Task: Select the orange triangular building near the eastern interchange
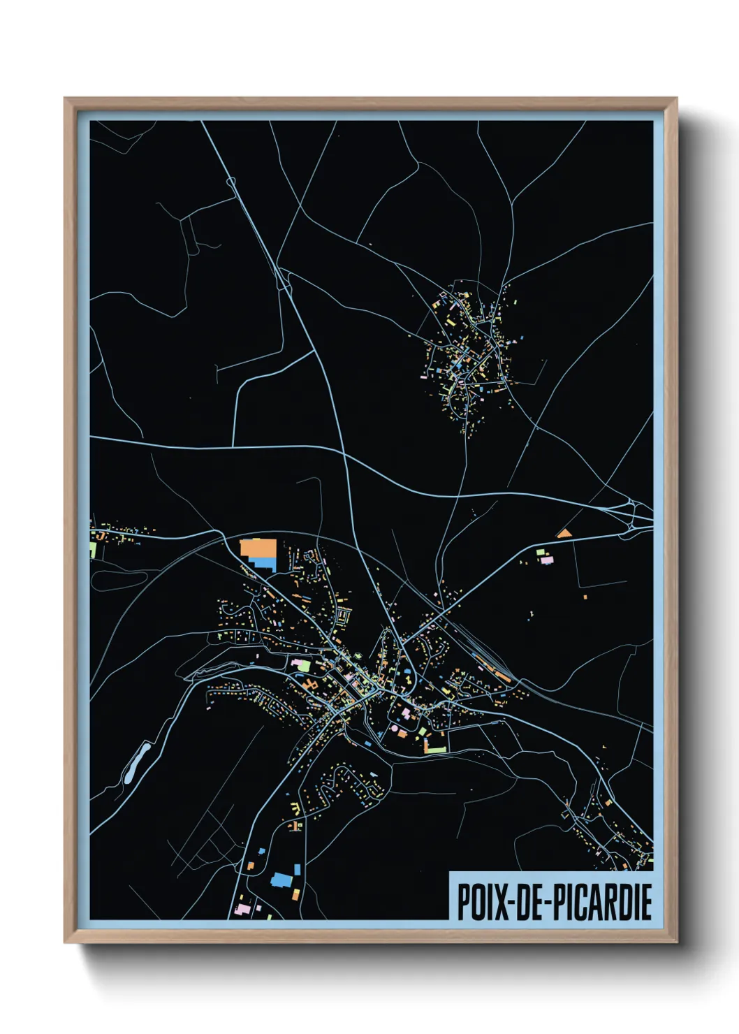click(x=564, y=534)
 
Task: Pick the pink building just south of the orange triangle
click(x=546, y=560)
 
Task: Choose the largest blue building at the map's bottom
click(x=280, y=880)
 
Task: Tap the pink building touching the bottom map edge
click(x=242, y=910)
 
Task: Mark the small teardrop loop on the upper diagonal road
click(x=232, y=182)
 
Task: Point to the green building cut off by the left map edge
click(x=93, y=549)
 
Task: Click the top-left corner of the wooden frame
click(x=66, y=99)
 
